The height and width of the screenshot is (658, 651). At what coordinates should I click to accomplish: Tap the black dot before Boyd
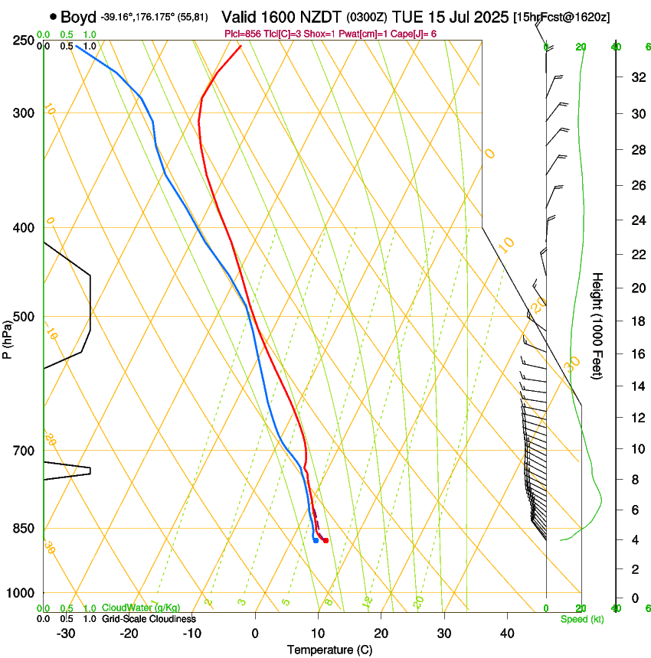click(53, 16)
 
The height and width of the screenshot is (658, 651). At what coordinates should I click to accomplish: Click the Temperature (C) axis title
click(329, 650)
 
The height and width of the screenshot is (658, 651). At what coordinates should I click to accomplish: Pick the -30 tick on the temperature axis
click(66, 633)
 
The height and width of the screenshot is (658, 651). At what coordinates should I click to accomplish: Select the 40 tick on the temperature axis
click(506, 633)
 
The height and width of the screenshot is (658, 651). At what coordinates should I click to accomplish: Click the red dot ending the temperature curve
click(325, 541)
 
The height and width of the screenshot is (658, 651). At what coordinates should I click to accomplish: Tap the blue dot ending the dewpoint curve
click(316, 541)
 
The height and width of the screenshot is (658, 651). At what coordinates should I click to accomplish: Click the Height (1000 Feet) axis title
click(598, 325)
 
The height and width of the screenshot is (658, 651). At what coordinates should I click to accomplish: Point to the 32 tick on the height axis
click(636, 77)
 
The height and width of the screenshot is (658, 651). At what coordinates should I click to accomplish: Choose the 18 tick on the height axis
click(636, 321)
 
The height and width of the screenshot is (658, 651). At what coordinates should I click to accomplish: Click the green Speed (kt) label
click(582, 618)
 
